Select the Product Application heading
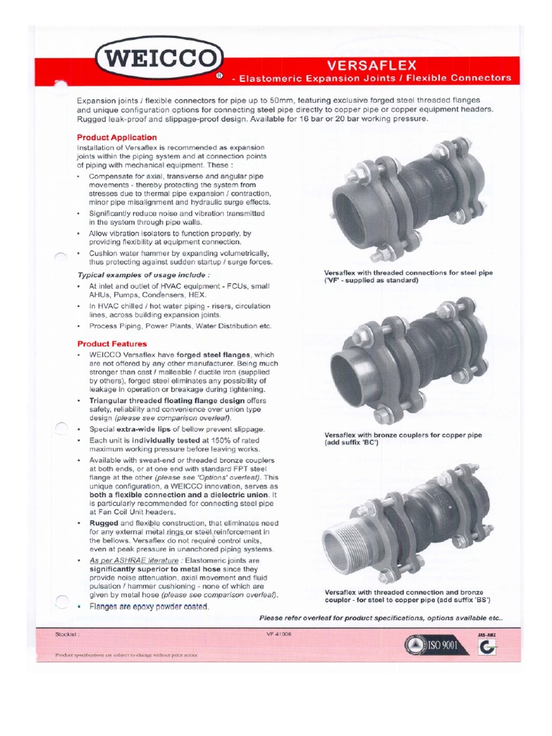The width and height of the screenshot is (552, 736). click(116, 137)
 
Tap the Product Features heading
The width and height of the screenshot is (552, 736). click(112, 344)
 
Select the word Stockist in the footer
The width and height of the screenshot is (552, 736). click(68, 635)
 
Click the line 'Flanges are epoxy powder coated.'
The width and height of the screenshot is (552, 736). click(149, 607)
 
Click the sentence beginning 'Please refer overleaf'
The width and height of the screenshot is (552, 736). click(381, 618)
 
